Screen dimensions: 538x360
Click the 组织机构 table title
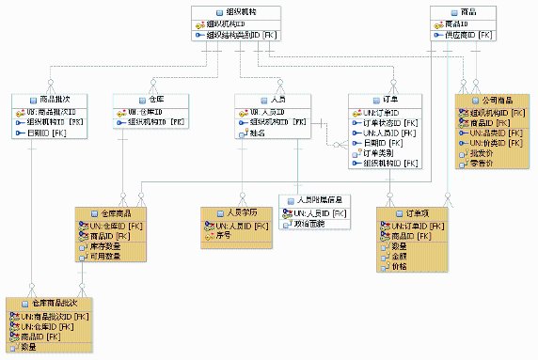(x=231, y=11)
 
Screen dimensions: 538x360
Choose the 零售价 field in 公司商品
(x=481, y=164)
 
